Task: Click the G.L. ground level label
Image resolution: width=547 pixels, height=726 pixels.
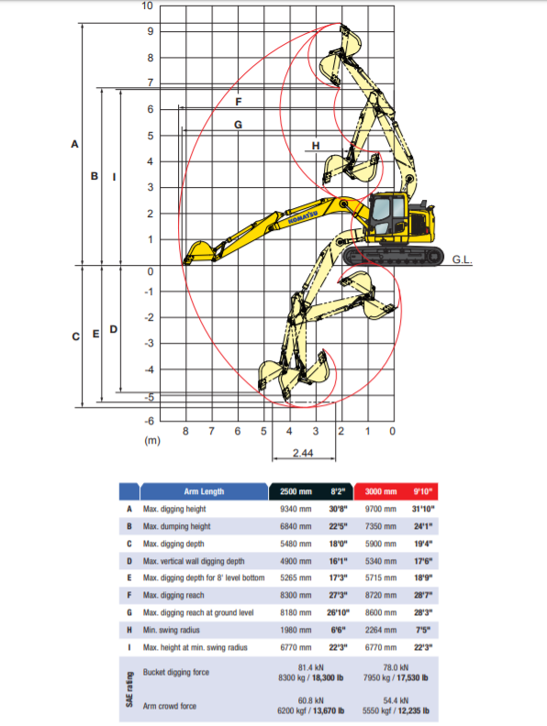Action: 462,259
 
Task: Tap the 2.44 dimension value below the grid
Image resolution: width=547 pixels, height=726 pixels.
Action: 304,453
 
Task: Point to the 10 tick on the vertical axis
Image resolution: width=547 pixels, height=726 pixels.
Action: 148,6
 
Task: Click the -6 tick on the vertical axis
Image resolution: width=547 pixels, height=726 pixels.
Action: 147,420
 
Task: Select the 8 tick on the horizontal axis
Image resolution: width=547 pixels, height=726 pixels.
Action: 186,431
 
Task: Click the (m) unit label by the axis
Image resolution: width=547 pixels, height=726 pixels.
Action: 152,441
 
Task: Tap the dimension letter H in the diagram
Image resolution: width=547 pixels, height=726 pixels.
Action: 315,146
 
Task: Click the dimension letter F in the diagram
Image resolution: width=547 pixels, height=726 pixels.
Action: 238,101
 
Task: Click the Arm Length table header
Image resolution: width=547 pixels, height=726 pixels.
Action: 204,491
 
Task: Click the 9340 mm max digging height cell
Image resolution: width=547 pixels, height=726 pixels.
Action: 295,509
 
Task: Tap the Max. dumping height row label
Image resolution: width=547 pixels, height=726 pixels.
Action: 176,526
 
